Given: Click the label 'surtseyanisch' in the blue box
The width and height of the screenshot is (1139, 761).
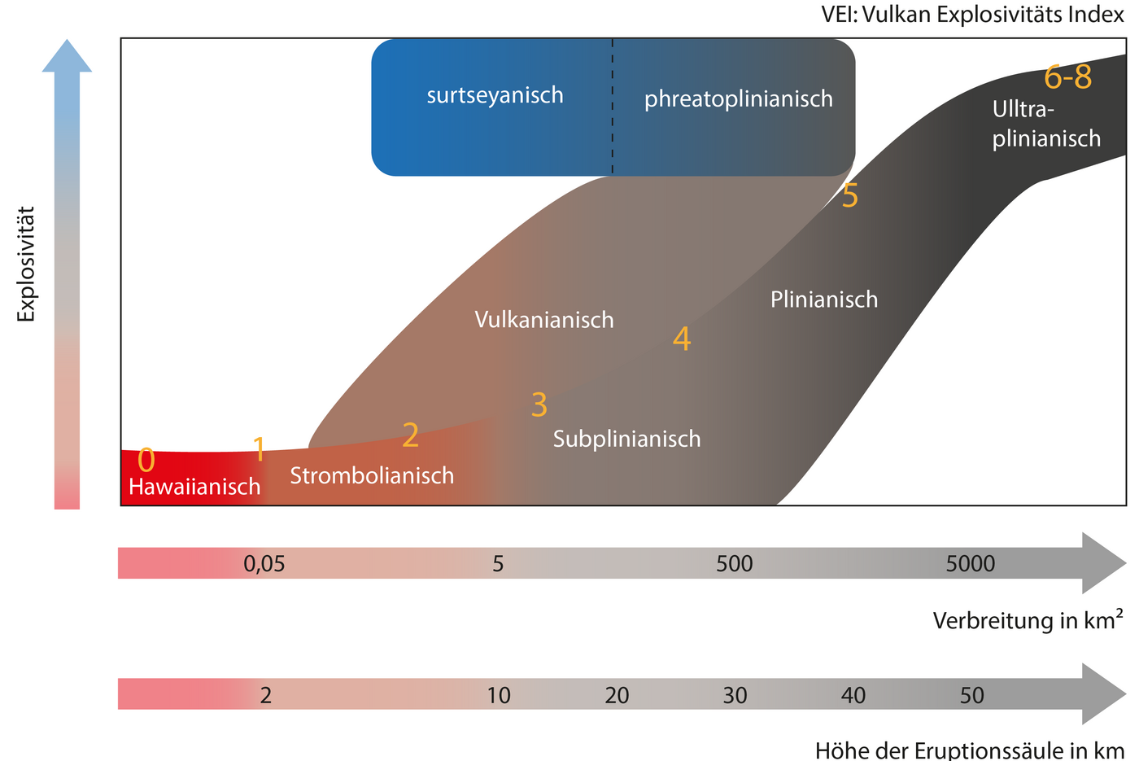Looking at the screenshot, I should (x=495, y=95).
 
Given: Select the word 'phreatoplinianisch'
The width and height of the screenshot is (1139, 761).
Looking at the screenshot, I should (x=738, y=99).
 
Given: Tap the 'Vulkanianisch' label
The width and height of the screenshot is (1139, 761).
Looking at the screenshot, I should (x=544, y=320).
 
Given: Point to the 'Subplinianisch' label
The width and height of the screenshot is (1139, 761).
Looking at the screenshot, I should (x=626, y=440).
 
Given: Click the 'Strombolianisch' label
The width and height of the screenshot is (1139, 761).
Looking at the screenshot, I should (x=372, y=475).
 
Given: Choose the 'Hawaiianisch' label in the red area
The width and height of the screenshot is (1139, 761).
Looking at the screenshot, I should (x=194, y=487).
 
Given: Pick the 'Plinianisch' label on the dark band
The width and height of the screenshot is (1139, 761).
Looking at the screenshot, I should (x=824, y=300).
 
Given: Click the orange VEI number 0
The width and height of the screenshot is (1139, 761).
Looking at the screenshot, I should (x=146, y=461).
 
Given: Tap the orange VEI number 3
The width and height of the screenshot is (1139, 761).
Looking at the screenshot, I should (x=539, y=405).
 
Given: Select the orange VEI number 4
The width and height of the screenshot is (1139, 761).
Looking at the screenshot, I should (x=682, y=339).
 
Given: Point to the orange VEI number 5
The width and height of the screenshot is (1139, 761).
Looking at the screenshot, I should (x=849, y=196).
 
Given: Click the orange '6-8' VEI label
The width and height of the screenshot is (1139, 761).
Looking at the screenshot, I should (x=1067, y=77).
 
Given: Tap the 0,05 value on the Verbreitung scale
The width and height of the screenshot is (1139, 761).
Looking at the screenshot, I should (x=264, y=563).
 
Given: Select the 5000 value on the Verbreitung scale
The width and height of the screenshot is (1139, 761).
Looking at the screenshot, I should (x=970, y=563).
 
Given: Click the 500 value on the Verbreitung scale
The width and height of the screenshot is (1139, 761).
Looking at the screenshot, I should (x=734, y=563).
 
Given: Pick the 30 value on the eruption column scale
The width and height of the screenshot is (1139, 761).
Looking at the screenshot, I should (x=735, y=695).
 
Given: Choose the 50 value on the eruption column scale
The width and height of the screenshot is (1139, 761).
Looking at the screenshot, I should (x=971, y=695).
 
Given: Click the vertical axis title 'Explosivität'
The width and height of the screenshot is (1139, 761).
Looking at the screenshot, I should (x=27, y=264).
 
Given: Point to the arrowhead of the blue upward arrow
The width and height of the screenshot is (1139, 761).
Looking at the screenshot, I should (x=67, y=55).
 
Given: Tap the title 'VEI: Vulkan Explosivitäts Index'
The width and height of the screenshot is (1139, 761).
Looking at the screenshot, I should (x=972, y=15).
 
